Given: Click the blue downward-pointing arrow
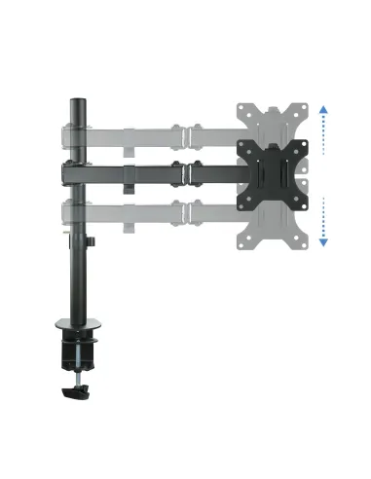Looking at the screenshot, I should tap(323, 240).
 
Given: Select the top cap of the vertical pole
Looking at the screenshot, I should tap(73, 99).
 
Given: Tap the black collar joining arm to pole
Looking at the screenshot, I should tap(72, 173).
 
